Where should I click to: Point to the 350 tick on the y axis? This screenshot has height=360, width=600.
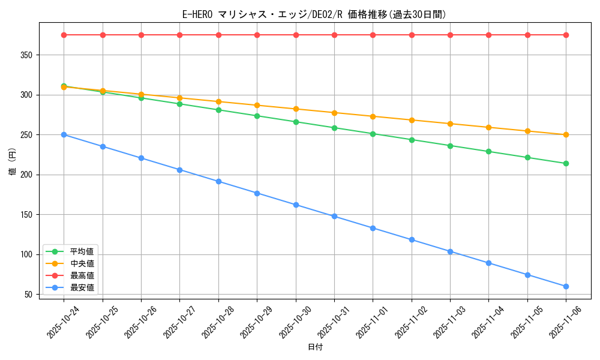click(x=28, y=55)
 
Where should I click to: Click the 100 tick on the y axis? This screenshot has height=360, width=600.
click(x=28, y=254)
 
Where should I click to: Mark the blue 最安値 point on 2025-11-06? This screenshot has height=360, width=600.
click(x=566, y=286)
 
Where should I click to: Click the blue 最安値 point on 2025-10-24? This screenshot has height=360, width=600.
click(x=64, y=134)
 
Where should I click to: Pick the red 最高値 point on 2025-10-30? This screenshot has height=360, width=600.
click(x=296, y=35)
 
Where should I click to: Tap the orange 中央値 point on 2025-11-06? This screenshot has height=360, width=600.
click(x=566, y=134)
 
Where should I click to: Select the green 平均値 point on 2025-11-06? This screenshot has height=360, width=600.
click(x=566, y=163)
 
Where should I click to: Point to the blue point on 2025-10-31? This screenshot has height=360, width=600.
click(x=334, y=216)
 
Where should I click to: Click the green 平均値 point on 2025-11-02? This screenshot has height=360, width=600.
click(x=412, y=140)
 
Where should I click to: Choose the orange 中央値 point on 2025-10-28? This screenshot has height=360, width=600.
click(x=218, y=101)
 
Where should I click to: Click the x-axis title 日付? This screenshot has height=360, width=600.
click(x=315, y=347)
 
